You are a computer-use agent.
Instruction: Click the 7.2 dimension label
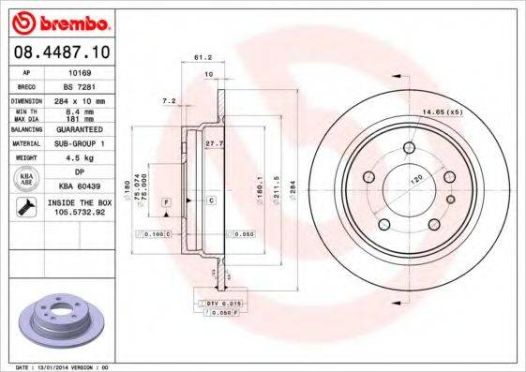pos(169,99)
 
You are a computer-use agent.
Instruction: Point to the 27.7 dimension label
pos(214,143)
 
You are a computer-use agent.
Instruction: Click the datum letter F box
pos(166,201)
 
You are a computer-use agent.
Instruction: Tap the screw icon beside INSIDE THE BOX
pos(26,207)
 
